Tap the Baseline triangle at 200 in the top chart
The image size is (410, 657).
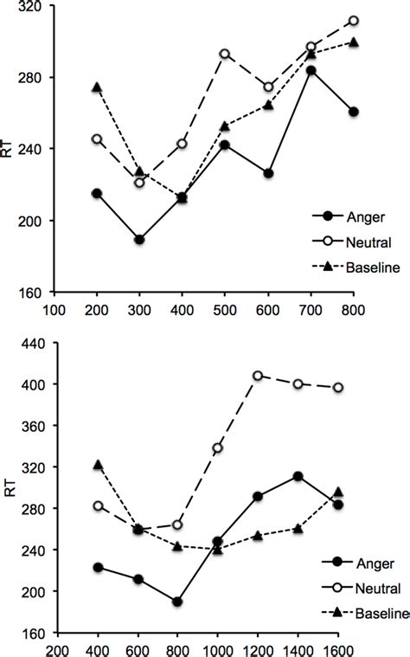click(x=97, y=87)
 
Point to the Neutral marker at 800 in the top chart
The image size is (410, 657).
click(x=353, y=21)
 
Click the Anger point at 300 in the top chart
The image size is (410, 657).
click(x=139, y=239)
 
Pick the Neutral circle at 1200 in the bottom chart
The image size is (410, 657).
click(x=258, y=376)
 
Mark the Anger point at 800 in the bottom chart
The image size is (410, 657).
click(x=177, y=601)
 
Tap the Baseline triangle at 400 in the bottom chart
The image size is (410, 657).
click(x=98, y=465)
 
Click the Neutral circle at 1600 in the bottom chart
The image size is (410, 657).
click(x=338, y=387)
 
